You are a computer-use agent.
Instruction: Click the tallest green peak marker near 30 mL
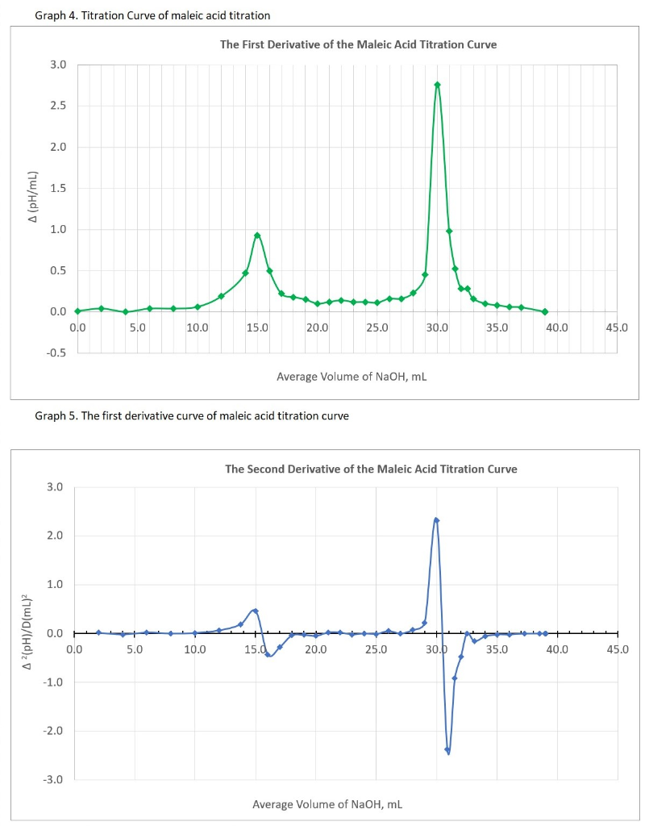437,85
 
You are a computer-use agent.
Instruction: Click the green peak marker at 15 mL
257,236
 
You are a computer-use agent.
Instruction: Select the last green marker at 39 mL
546,311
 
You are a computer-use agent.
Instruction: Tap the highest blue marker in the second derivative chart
436,520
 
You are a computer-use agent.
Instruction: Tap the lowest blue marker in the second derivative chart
447,750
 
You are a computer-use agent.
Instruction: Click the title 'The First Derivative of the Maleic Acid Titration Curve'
358,44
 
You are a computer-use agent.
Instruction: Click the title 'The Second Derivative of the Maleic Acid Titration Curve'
371,469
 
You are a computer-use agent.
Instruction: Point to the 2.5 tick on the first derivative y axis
59,106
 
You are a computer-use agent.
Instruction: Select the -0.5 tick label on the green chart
57,353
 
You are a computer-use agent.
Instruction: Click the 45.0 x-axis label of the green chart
618,327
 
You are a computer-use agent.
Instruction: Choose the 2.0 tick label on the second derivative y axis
54,536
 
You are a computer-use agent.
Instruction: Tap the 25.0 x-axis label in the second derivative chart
376,649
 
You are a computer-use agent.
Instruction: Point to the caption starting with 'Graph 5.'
192,416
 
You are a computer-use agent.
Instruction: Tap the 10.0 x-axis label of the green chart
197,327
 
